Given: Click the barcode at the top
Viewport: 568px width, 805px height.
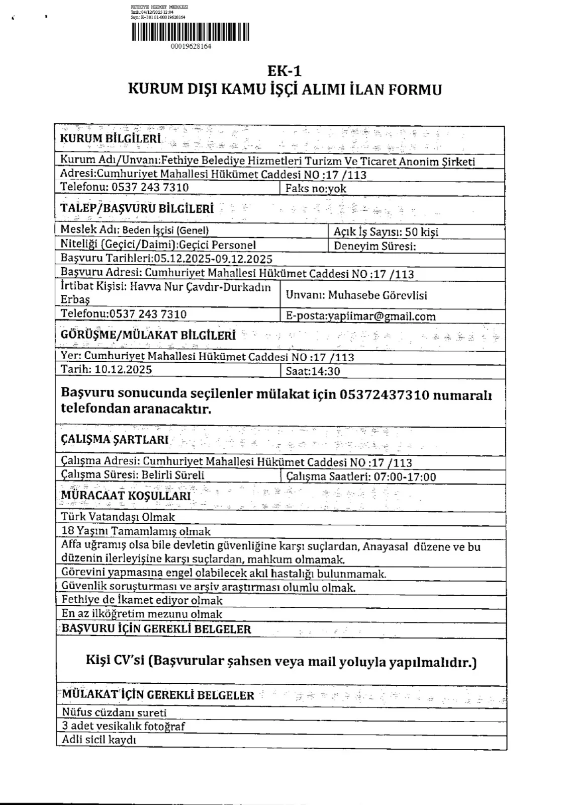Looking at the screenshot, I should (191, 32).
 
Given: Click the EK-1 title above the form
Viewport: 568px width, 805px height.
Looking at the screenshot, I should (284, 71).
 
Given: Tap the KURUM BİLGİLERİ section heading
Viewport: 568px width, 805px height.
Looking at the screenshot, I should (111, 138).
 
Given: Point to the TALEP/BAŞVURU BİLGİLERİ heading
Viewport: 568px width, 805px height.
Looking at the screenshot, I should (137, 208).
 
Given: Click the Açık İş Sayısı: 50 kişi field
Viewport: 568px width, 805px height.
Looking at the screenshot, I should (386, 232).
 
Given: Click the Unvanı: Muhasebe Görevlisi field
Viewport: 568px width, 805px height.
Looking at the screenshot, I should (356, 295).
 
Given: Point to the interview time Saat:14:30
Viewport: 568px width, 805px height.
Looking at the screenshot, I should (313, 372).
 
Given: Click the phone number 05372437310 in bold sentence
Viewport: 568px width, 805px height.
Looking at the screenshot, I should (385, 395).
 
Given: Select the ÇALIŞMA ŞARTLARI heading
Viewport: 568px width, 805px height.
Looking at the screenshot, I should (115, 440).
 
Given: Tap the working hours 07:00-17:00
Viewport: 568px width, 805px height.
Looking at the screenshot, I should (405, 477).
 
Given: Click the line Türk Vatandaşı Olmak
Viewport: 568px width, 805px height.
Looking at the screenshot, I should (118, 517).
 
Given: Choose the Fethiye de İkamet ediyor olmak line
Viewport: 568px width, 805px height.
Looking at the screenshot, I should (142, 600).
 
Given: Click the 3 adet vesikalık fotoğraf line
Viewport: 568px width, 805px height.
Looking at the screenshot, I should (123, 726).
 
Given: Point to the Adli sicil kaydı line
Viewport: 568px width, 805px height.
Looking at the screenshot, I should (99, 740).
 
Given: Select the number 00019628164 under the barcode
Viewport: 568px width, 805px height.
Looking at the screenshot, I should (191, 46).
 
